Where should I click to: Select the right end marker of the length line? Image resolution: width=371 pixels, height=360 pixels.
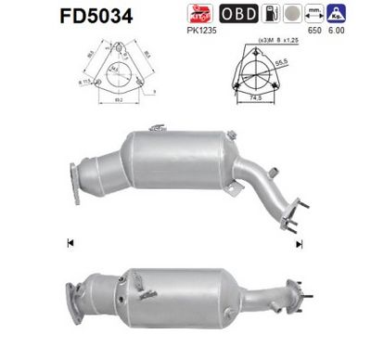[x=300, y=244]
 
